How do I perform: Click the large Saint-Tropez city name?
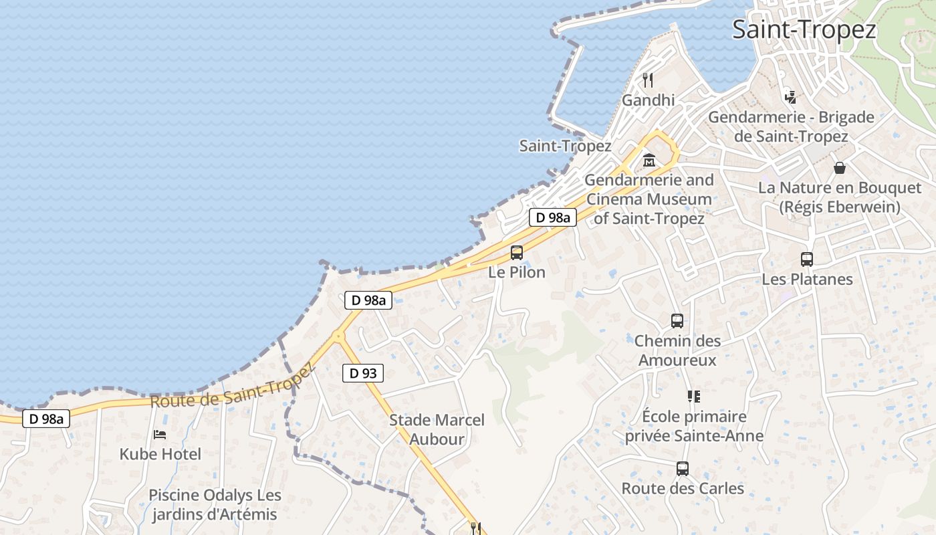(x=804, y=30)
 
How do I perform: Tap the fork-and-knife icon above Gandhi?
(x=647, y=80)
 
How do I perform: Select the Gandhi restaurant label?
(x=648, y=100)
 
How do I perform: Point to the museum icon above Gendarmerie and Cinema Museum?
(x=649, y=160)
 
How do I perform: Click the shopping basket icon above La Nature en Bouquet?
(x=839, y=168)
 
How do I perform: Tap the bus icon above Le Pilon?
(x=516, y=253)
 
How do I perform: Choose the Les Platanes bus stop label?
(x=807, y=279)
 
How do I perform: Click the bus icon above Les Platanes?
(x=807, y=259)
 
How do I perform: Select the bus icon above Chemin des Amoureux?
(x=677, y=321)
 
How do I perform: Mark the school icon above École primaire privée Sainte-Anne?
(x=693, y=397)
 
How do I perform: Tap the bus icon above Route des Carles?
(x=682, y=469)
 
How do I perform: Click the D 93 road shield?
(x=363, y=373)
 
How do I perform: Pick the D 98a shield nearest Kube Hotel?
(x=46, y=419)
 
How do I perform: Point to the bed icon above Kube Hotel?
(x=160, y=435)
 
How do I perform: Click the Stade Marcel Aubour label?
(x=437, y=429)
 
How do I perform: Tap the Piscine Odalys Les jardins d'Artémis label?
(x=215, y=505)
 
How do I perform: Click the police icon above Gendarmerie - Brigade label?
(x=790, y=97)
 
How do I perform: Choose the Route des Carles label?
(x=683, y=489)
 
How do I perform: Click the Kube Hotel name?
(x=160, y=455)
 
